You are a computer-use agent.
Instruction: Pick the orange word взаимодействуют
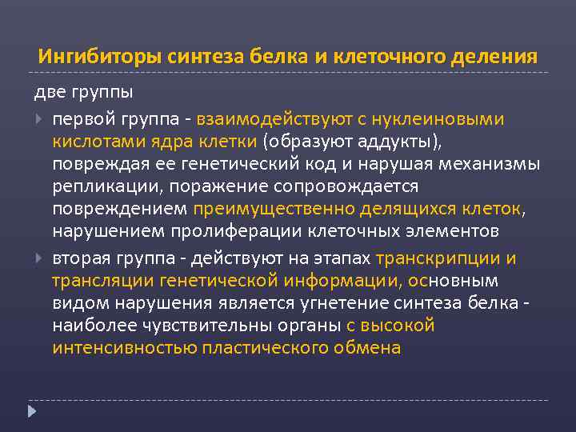coord(272,119)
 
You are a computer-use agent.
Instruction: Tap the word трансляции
coord(102,281)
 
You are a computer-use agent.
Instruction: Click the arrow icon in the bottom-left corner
coord(32,411)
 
